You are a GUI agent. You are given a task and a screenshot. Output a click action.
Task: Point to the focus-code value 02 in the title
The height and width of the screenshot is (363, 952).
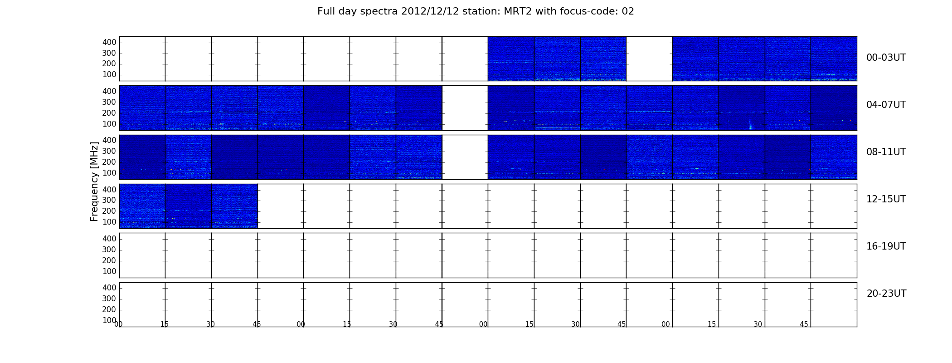pos(628,11)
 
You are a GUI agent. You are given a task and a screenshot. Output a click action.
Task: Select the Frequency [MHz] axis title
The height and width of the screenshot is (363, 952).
pos(94,181)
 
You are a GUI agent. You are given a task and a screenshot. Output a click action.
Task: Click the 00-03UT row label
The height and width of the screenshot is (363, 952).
pos(886,58)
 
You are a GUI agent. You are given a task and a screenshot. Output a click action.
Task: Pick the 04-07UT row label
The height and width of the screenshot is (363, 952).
pos(886,105)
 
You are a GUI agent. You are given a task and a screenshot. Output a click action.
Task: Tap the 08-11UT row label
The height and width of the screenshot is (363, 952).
pos(886,152)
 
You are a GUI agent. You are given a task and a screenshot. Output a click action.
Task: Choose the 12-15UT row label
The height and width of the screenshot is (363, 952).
pos(886,199)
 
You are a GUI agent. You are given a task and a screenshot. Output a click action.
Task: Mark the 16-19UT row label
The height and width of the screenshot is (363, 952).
pos(886,246)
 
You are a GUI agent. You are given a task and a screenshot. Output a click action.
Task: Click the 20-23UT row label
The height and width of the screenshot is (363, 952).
pos(886,294)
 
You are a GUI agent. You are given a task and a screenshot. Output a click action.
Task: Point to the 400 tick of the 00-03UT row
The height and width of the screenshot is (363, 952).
pos(109,42)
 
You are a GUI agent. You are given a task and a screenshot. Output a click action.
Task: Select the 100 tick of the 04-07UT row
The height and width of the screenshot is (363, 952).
pos(109,124)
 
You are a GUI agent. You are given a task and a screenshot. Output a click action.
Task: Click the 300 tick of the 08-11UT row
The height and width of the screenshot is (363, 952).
pos(109,151)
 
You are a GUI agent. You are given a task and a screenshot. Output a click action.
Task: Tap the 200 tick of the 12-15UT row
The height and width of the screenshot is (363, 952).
pos(109,211)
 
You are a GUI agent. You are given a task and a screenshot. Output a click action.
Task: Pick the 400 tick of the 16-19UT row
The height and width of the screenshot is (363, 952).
pos(109,239)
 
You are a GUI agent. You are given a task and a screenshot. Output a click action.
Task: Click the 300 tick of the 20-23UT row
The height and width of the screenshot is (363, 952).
pos(109,299)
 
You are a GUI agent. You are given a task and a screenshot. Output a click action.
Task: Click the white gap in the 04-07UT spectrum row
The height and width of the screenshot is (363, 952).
pos(465,108)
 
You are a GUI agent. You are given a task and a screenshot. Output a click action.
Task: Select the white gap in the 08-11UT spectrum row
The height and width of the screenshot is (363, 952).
pos(465,157)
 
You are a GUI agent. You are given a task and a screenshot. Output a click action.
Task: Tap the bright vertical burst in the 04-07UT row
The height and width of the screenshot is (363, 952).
pos(750,125)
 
